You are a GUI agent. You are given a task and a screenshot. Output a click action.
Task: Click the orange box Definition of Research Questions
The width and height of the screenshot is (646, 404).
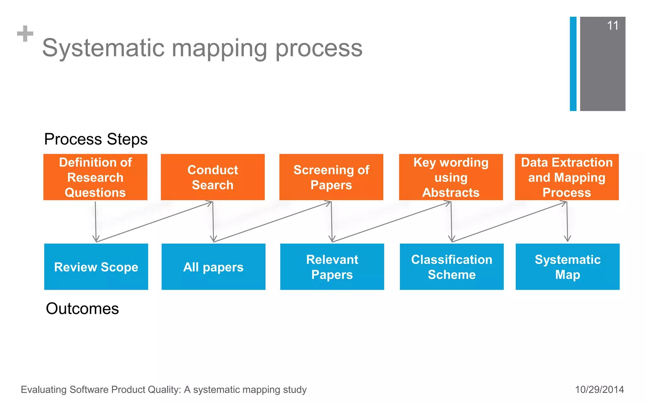95,177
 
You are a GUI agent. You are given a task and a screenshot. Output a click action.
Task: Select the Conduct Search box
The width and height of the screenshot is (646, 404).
213,177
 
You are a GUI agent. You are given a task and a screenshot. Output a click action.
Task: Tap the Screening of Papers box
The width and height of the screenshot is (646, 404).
331,177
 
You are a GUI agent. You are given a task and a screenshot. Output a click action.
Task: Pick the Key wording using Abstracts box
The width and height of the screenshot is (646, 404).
451,177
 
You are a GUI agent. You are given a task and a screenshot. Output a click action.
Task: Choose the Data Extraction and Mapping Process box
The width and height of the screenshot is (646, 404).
567,177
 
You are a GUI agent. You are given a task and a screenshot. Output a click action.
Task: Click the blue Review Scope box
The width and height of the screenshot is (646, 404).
96,267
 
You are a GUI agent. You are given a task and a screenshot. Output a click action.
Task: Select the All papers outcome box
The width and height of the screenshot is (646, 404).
213,267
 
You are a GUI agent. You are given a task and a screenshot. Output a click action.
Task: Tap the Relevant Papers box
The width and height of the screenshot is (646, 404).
332,267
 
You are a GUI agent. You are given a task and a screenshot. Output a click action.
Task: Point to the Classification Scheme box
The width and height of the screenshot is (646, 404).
451,267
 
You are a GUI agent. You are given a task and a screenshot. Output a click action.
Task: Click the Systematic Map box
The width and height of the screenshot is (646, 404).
567,267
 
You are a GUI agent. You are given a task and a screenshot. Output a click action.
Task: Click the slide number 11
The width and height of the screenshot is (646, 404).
613,26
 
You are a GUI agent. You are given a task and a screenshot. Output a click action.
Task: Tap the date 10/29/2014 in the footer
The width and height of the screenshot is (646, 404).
599,389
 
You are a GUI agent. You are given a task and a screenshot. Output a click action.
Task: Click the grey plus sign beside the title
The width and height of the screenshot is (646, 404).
25,34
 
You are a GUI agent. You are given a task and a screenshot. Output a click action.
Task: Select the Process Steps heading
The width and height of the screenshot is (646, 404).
96,139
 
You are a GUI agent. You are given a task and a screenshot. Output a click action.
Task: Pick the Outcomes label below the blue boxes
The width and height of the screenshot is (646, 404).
82,308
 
